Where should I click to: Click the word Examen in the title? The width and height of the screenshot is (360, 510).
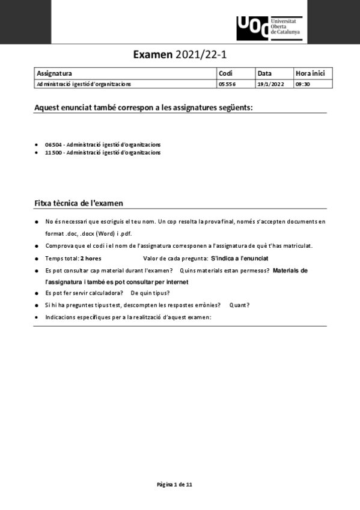pos(153,55)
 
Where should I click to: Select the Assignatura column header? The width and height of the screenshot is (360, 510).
pos(54,73)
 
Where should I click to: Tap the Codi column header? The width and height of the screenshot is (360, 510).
pos(225,73)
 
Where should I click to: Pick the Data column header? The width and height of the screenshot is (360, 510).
pos(264,73)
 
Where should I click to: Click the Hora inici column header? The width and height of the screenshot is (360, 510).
pos(310,73)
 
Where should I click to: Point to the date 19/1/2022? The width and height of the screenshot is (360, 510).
pos(270,84)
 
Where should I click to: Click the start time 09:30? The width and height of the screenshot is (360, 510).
pos(302,84)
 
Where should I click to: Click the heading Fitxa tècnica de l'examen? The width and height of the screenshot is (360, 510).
pos(79,203)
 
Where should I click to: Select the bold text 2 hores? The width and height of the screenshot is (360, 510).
pos(91,258)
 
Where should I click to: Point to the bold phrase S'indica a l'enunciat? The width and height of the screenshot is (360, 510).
pos(239,258)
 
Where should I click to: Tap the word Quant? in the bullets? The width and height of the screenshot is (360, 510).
pos(239,305)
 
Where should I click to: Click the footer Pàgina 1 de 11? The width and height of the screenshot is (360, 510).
pos(174,484)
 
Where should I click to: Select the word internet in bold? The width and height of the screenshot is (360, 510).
pos(177,282)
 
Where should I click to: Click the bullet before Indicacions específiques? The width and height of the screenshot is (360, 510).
pos(37,317)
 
